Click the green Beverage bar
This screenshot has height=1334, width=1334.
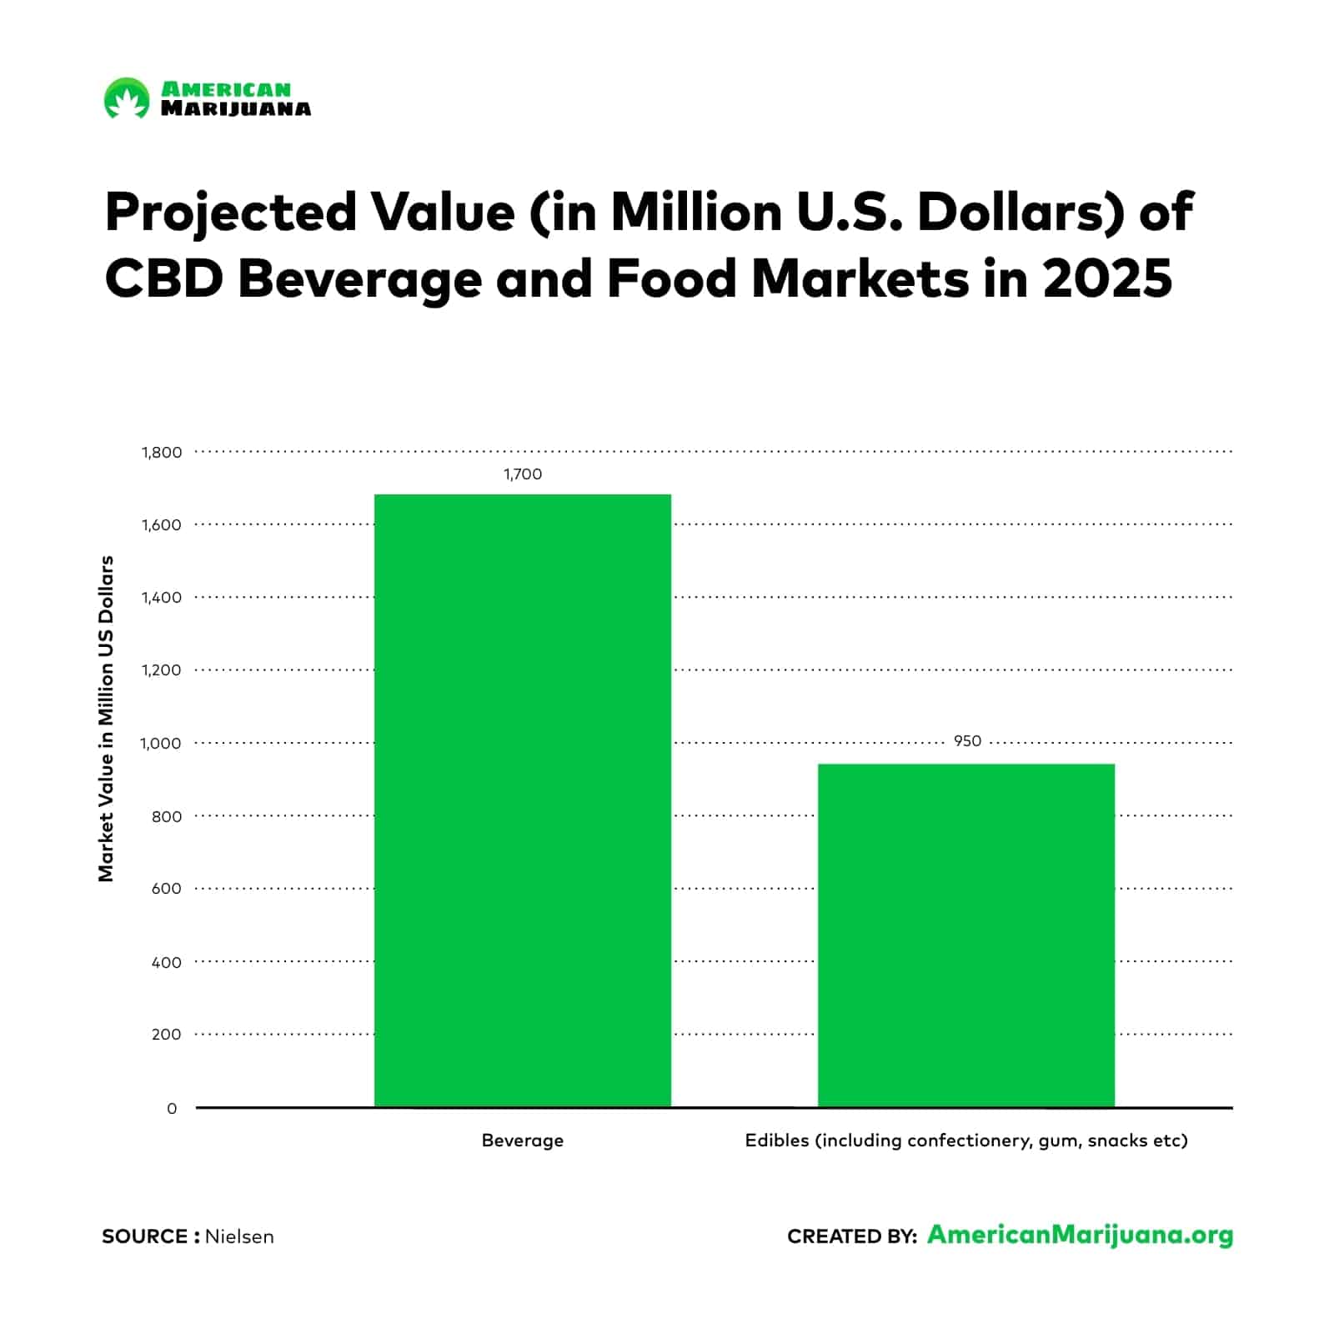[522, 800]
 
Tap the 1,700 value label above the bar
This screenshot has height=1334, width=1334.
[522, 474]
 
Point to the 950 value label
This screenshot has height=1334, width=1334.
[967, 741]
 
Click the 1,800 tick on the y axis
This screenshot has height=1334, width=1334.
[162, 453]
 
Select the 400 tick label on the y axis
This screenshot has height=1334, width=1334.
[166, 962]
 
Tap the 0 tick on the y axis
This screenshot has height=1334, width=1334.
[172, 1109]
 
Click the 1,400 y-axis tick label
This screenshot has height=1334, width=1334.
[162, 598]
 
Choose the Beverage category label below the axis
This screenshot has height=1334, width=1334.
[522, 1141]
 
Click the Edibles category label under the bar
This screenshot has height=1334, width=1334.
[965, 1141]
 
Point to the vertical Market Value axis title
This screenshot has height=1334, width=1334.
[106, 719]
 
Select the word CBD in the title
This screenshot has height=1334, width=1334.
[163, 279]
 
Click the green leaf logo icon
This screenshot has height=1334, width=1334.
[126, 98]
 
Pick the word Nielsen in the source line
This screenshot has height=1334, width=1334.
[239, 1236]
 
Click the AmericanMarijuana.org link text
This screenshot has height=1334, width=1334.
[1080, 1235]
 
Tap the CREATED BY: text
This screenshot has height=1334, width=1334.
[851, 1236]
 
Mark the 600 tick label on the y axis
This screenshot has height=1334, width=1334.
[166, 889]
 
